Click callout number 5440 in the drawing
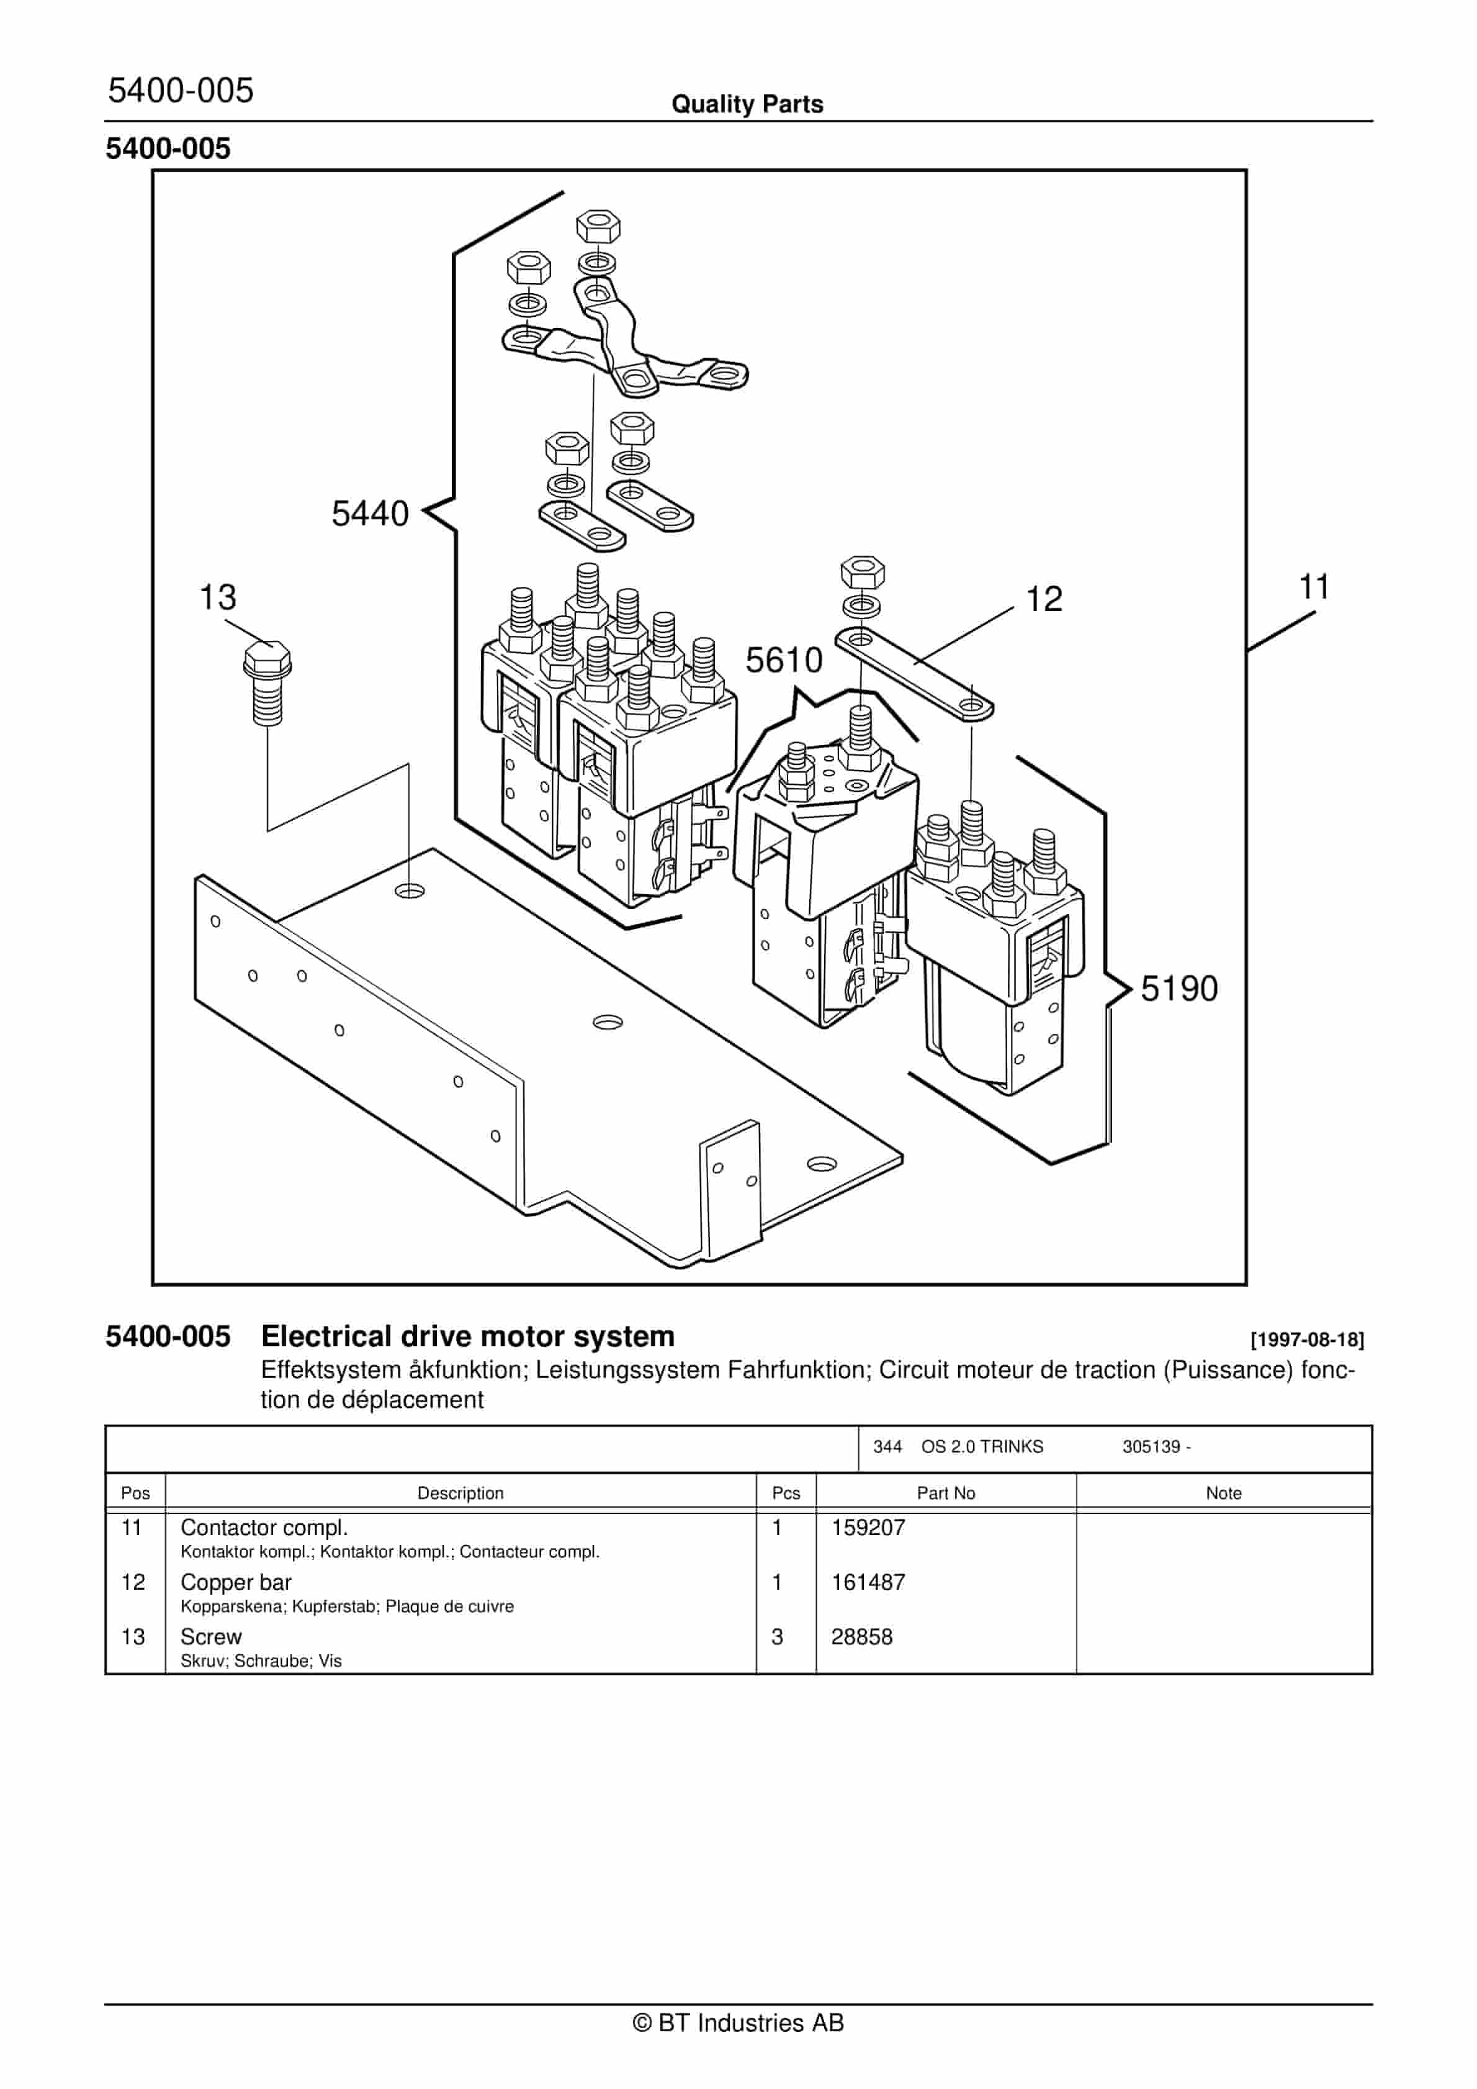pos(369,514)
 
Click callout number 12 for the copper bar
pos(1043,600)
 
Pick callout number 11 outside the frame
pos(1314,587)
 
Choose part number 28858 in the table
pos(861,1637)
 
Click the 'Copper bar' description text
pos(236,1582)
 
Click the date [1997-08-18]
pos(1307,1340)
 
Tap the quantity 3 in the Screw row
pos(777,1637)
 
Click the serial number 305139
pos(1151,1447)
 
